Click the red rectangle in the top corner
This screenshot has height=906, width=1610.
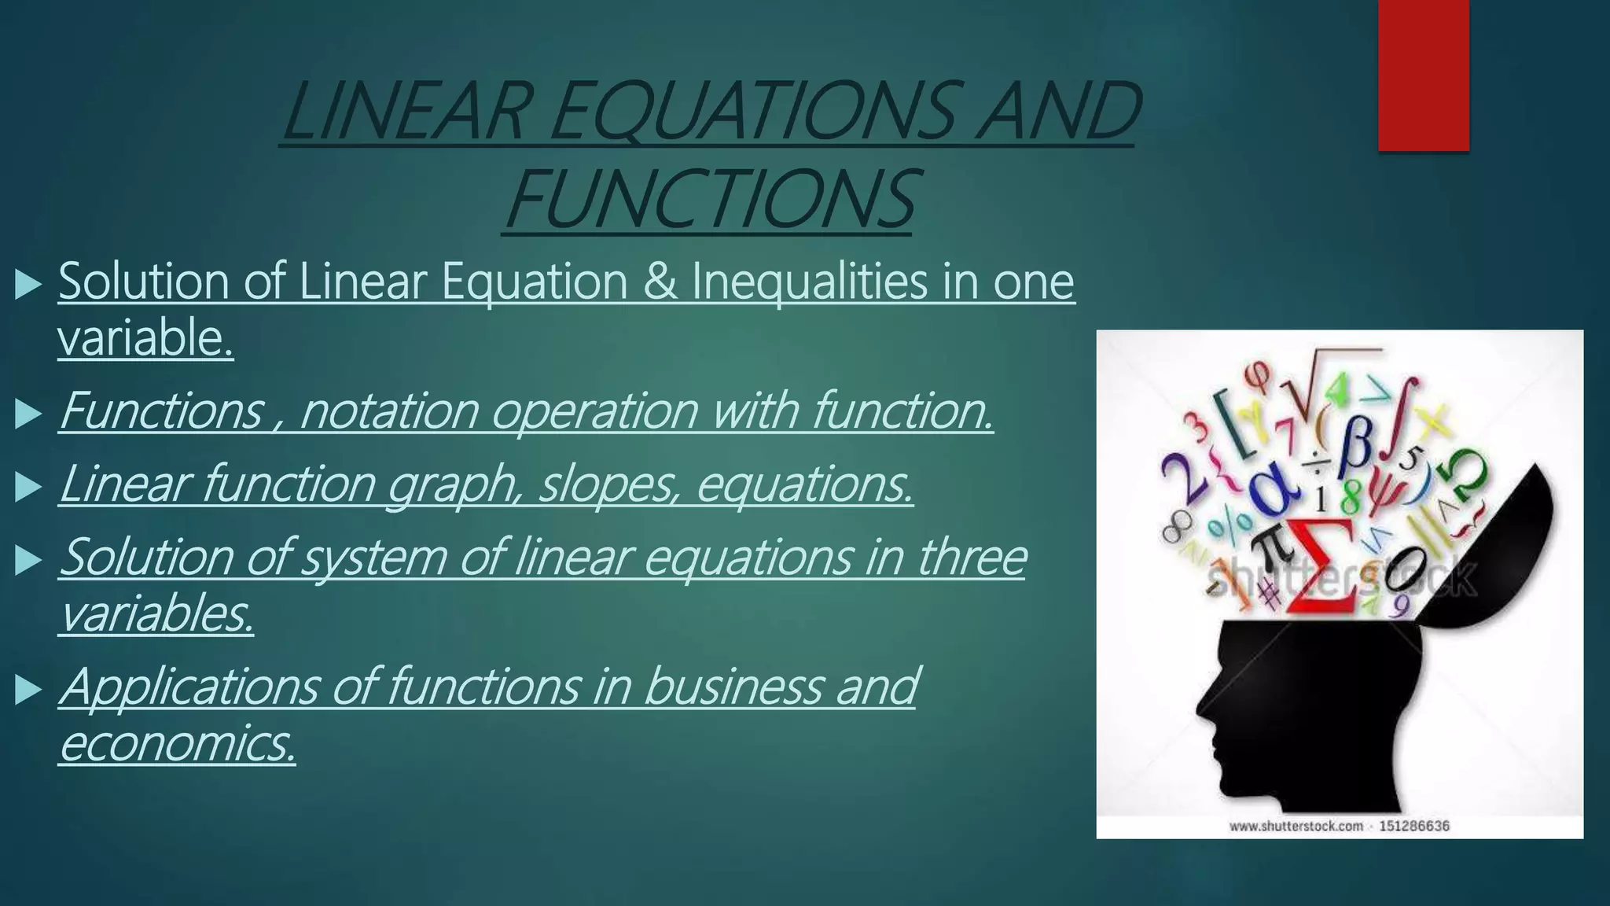1423,75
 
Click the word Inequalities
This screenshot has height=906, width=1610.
809,283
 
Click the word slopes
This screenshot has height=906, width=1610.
606,484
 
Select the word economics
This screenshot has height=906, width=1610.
177,743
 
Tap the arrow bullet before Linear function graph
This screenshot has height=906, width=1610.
28,488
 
